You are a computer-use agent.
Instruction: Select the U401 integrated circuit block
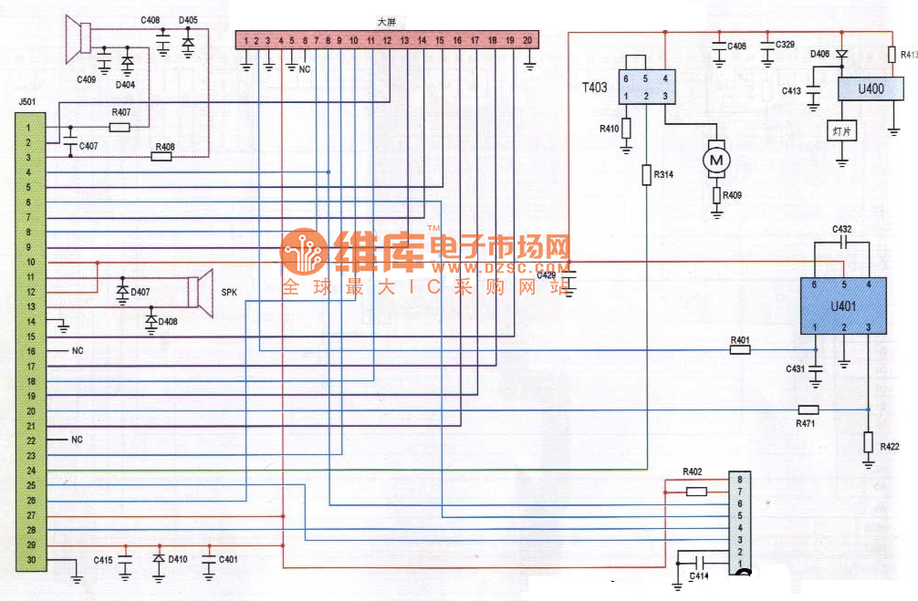[843, 306]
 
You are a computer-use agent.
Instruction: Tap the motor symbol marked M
[716, 161]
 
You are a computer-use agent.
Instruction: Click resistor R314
[646, 174]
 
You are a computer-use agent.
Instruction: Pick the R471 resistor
[808, 409]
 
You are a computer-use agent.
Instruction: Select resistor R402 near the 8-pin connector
[695, 492]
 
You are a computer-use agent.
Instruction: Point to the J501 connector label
[26, 101]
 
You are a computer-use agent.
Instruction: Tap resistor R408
[162, 157]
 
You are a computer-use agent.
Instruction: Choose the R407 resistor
[120, 127]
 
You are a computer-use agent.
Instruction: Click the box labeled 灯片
[842, 132]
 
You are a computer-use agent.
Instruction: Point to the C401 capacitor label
[228, 559]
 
